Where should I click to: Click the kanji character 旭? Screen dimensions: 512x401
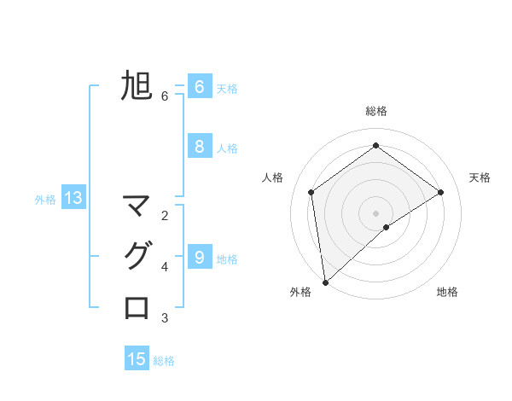tap(137, 86)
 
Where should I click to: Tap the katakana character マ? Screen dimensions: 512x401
tap(137, 206)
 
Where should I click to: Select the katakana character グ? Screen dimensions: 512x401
tap(137, 256)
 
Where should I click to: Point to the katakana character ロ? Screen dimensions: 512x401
tap(137, 306)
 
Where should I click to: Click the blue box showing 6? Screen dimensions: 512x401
tap(199, 86)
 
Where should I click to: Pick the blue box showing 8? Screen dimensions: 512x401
tap(199, 147)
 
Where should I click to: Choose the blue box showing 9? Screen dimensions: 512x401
tap(199, 256)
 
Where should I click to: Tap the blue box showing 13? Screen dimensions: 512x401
tap(73, 199)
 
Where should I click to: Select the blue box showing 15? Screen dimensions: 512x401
tap(137, 359)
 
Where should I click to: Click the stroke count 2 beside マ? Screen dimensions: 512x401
tap(165, 215)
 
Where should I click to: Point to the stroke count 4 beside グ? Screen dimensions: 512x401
tap(165, 267)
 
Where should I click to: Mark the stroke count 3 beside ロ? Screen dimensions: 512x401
tap(165, 318)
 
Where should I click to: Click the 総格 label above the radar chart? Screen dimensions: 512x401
tap(375, 111)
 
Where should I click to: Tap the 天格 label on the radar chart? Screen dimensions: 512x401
tap(480, 177)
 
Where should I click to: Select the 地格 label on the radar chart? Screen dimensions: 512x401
tap(447, 292)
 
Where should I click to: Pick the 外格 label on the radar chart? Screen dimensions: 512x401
tap(300, 292)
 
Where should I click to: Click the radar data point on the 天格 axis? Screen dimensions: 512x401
tap(441, 192)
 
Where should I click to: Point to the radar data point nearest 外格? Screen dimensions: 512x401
tap(325, 282)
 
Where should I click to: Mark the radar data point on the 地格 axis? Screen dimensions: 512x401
tap(387, 227)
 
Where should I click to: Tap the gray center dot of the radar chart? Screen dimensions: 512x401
tap(375, 212)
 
